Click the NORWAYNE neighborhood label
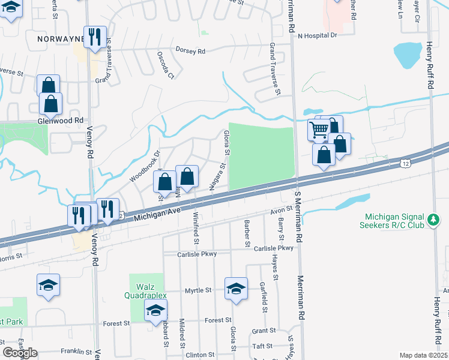[x=58, y=38]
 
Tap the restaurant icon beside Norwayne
[x=94, y=37]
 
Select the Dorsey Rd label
[x=190, y=51]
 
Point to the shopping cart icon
[x=319, y=129]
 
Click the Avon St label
[x=280, y=210]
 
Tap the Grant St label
[x=264, y=331]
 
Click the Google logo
[x=19, y=353]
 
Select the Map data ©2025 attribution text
[x=423, y=355]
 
